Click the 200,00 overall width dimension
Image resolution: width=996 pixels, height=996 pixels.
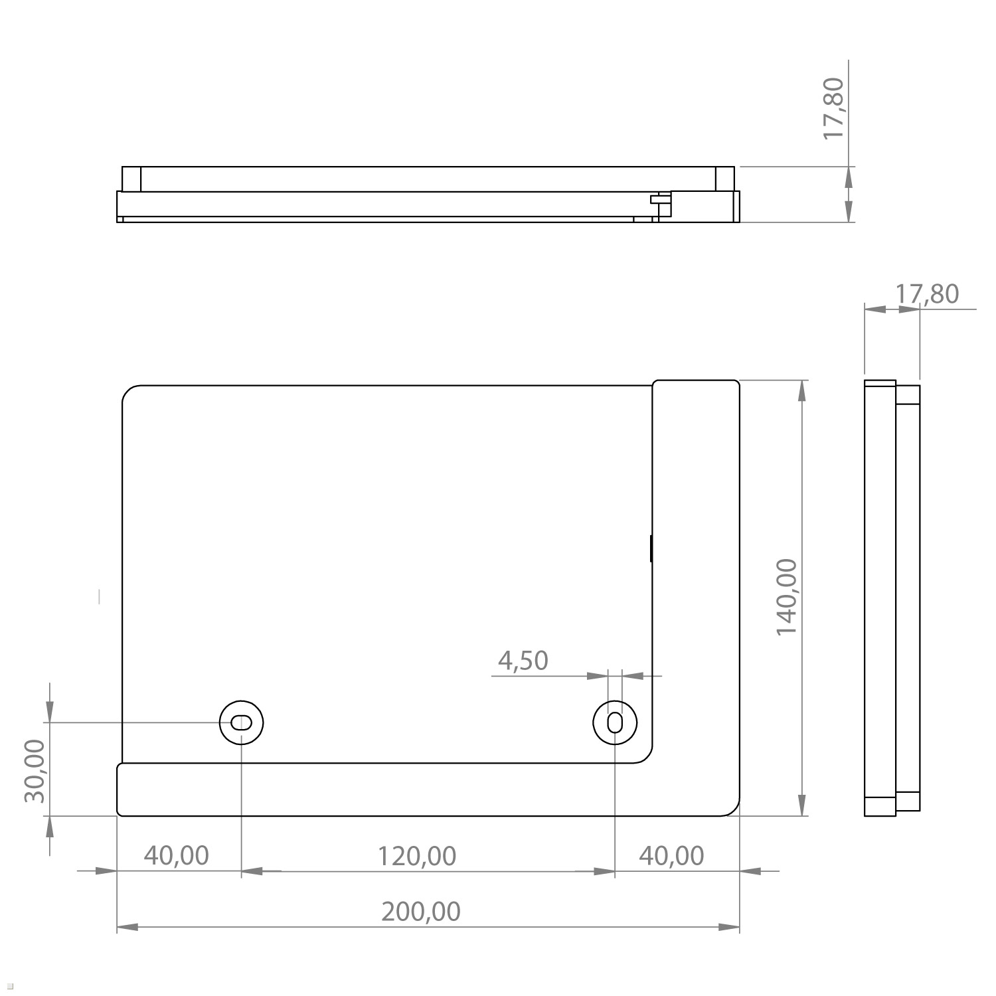click(x=420, y=912)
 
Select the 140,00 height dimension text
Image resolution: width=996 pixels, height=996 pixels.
click(x=787, y=597)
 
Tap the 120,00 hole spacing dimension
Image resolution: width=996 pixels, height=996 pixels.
click(x=417, y=856)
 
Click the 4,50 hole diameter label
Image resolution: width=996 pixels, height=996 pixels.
click(x=523, y=661)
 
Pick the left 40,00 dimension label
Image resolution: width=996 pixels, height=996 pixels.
click(x=177, y=855)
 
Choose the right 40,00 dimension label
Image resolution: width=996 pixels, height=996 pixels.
click(x=671, y=856)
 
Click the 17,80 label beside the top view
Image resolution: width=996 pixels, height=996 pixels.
click(x=833, y=108)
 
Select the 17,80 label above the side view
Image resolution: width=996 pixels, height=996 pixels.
click(x=928, y=293)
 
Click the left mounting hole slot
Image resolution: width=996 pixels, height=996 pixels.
click(x=242, y=722)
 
